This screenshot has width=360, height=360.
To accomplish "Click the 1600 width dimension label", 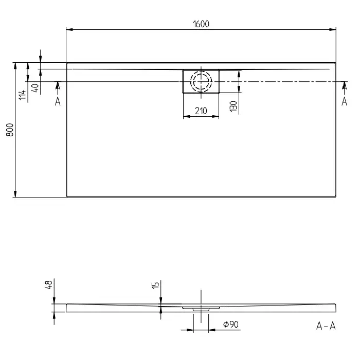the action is [x=201, y=24].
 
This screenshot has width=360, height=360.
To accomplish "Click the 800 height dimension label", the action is [x=10, y=130].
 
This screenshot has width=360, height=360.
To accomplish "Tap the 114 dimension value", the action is [x=22, y=95].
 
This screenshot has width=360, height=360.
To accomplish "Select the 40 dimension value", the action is [x=35, y=88].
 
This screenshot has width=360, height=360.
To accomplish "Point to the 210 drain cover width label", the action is [x=201, y=111].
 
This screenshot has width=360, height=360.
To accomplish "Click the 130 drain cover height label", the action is [x=233, y=106].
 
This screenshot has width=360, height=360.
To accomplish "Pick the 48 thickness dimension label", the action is [x=49, y=284].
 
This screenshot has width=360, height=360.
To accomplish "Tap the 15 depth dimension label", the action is [x=155, y=285].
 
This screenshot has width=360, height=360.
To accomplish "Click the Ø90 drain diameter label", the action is [x=231, y=324].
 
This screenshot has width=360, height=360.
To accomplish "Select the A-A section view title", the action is [x=326, y=326].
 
